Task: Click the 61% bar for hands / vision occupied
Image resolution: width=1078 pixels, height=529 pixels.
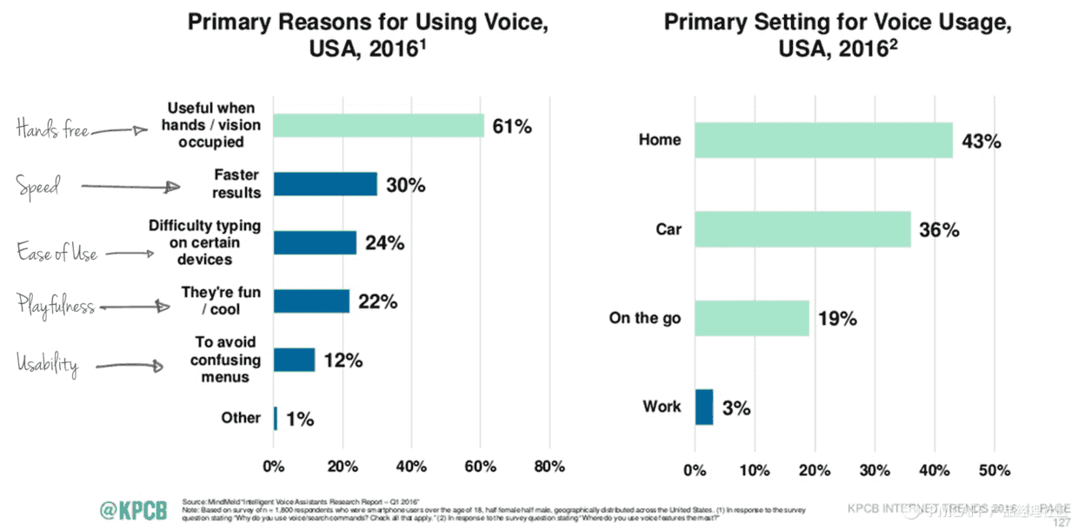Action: pos(378,126)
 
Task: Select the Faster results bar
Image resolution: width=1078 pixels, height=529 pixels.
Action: pos(325,184)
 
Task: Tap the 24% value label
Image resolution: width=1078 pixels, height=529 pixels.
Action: pos(384,243)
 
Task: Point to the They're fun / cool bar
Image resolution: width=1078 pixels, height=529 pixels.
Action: pos(311,301)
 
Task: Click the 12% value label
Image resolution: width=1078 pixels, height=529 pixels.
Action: pos(343,360)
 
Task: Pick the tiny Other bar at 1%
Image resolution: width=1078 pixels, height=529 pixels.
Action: pos(276,419)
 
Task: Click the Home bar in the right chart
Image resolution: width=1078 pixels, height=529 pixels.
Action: pos(823,140)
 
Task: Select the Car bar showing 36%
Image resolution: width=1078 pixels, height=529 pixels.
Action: pos(802,229)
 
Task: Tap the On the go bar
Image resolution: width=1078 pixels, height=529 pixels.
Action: pos(752,318)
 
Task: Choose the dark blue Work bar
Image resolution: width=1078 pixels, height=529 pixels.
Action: pos(703,407)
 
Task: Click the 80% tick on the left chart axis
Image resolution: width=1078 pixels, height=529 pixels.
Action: pos(549,467)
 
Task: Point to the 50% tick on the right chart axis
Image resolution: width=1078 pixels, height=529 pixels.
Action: pos(995,470)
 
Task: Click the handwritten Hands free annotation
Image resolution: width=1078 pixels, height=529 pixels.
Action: pos(52,130)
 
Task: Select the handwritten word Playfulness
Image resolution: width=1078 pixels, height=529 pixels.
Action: pos(56,306)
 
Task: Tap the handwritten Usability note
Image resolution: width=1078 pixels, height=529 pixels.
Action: pos(47,365)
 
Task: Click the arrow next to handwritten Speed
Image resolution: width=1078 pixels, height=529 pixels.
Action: pos(130,186)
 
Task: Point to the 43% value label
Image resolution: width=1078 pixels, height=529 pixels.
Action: pos(981,141)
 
